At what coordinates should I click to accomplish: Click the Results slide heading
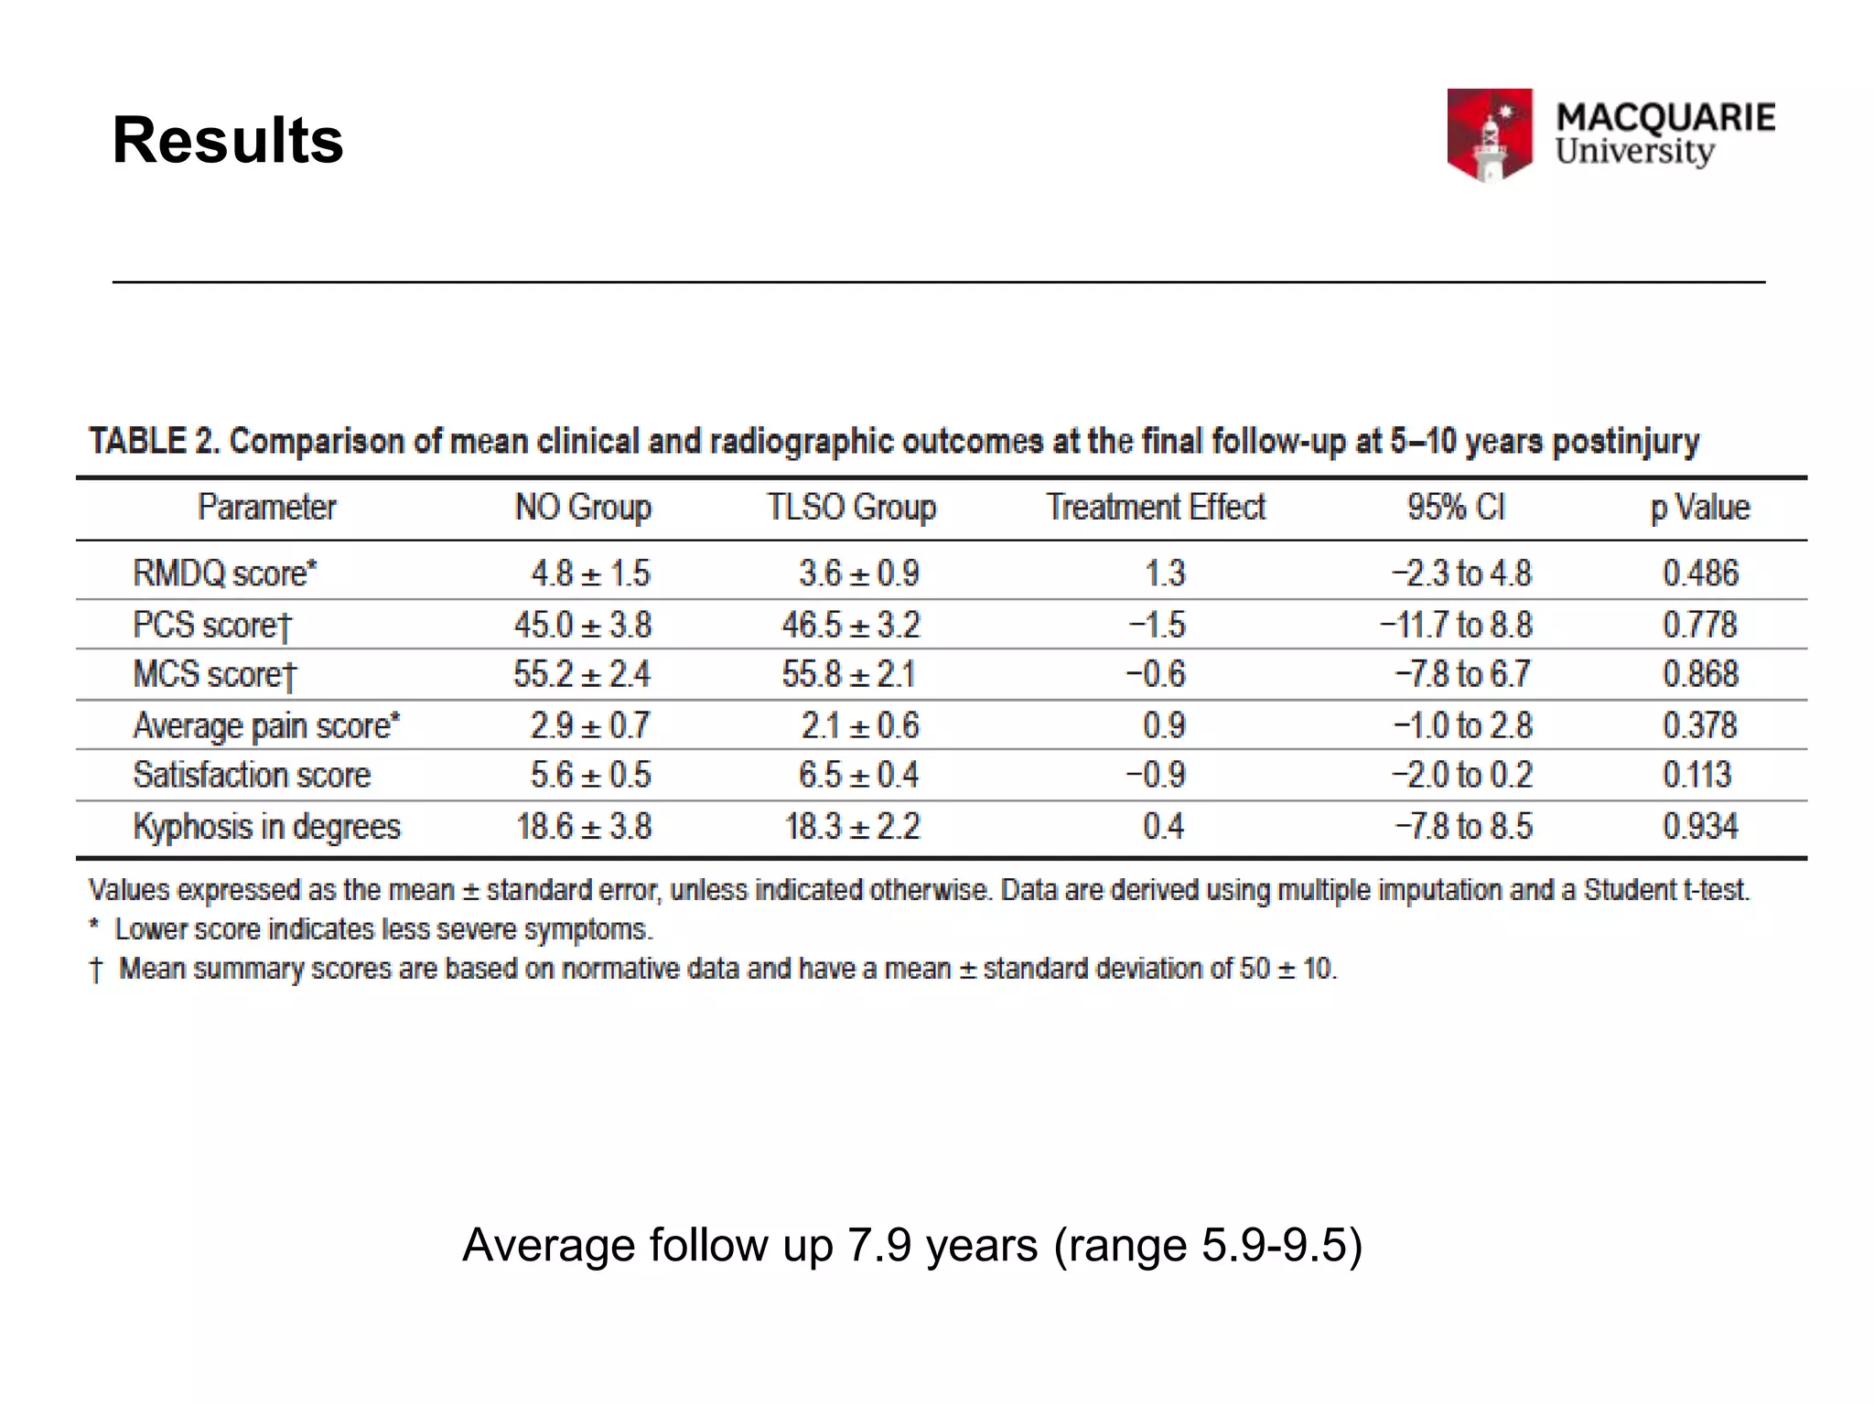(x=228, y=141)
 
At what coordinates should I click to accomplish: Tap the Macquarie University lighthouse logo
(x=1489, y=134)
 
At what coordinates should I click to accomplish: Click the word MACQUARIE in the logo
(x=1665, y=117)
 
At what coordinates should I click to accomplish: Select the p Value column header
(x=1699, y=508)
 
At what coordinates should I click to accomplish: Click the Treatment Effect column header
(x=1156, y=508)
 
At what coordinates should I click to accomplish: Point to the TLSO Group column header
(x=851, y=508)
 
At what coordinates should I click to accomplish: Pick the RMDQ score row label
(x=225, y=574)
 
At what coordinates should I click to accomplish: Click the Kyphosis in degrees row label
(x=267, y=827)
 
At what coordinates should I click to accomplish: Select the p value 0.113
(x=1697, y=776)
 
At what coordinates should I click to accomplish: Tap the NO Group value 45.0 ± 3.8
(x=583, y=626)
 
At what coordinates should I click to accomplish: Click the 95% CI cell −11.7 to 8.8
(x=1456, y=626)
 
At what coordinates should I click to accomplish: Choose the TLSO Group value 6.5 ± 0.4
(x=858, y=776)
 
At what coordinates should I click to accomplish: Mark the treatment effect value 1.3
(x=1165, y=574)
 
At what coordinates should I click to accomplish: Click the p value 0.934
(x=1699, y=827)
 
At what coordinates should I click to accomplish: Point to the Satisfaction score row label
(x=253, y=776)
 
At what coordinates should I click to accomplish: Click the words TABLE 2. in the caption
(x=154, y=442)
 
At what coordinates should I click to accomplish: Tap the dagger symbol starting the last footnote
(x=96, y=970)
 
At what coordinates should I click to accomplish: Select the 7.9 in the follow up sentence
(x=879, y=1246)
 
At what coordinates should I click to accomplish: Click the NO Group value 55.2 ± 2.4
(x=582, y=675)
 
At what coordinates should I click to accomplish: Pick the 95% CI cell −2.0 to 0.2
(x=1462, y=776)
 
